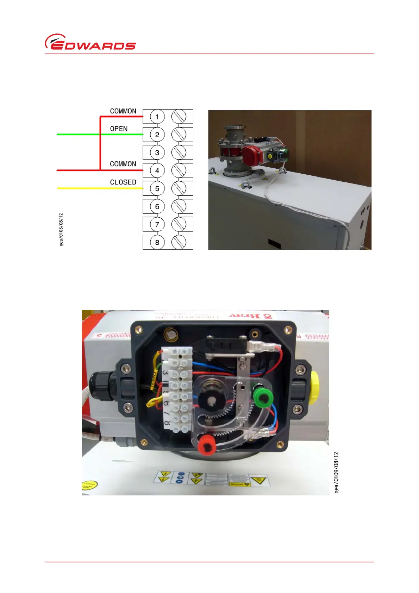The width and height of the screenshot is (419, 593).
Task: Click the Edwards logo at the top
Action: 90,42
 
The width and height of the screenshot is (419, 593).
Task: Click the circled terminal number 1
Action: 157,117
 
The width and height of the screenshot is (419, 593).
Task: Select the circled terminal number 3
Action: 157,152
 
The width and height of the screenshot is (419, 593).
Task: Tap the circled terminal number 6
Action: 157,206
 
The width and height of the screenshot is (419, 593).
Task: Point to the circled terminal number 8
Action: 157,242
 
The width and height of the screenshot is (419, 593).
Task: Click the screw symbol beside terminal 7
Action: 179,224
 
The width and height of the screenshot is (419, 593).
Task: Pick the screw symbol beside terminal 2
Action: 179,135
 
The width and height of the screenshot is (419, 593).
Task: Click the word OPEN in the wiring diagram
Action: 119,129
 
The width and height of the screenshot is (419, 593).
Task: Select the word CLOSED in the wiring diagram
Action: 123,182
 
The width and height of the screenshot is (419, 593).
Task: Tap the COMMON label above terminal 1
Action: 123,111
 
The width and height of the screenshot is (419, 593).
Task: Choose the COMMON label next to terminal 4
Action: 123,164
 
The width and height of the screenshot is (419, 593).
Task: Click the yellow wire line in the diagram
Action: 99,188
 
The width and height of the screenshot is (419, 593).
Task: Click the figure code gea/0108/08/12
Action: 62,229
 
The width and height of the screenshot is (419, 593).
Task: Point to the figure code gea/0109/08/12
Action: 337,472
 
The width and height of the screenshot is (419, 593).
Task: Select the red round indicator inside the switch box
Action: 207,445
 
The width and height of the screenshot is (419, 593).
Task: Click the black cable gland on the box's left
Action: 101,386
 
